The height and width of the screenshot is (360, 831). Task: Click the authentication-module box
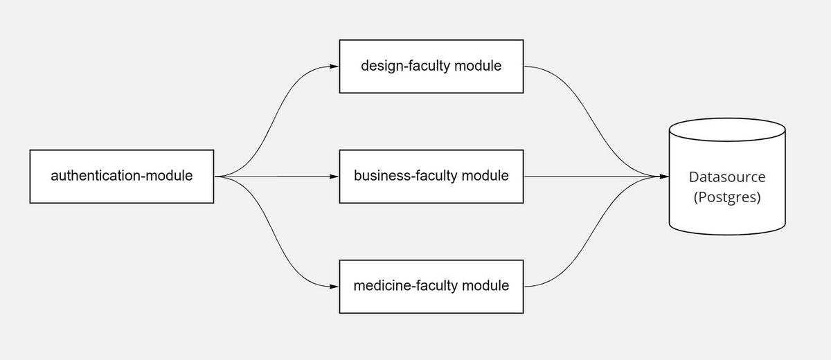pyautogui.click(x=121, y=176)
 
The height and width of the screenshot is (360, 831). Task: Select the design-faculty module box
pyautogui.click(x=431, y=66)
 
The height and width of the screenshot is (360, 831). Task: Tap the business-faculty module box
pyautogui.click(x=431, y=176)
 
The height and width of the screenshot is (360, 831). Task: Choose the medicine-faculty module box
pyautogui.click(x=431, y=285)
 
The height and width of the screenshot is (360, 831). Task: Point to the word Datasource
pyautogui.click(x=727, y=177)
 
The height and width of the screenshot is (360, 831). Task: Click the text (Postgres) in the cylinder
pyautogui.click(x=727, y=197)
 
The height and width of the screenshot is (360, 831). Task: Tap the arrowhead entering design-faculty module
pyautogui.click(x=334, y=66)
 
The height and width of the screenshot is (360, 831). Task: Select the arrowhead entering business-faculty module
pyautogui.click(x=334, y=176)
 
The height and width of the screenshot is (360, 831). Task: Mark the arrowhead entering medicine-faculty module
pyautogui.click(x=334, y=285)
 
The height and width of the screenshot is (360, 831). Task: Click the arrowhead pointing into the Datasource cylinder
pyautogui.click(x=664, y=176)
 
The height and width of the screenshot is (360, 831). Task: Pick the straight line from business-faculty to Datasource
pyautogui.click(x=589, y=176)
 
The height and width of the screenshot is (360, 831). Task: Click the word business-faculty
pyautogui.click(x=406, y=176)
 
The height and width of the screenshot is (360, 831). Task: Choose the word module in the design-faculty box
pyautogui.click(x=479, y=66)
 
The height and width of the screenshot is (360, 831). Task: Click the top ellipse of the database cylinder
pyautogui.click(x=727, y=129)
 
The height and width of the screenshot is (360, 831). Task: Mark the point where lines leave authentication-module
pyautogui.click(x=216, y=176)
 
